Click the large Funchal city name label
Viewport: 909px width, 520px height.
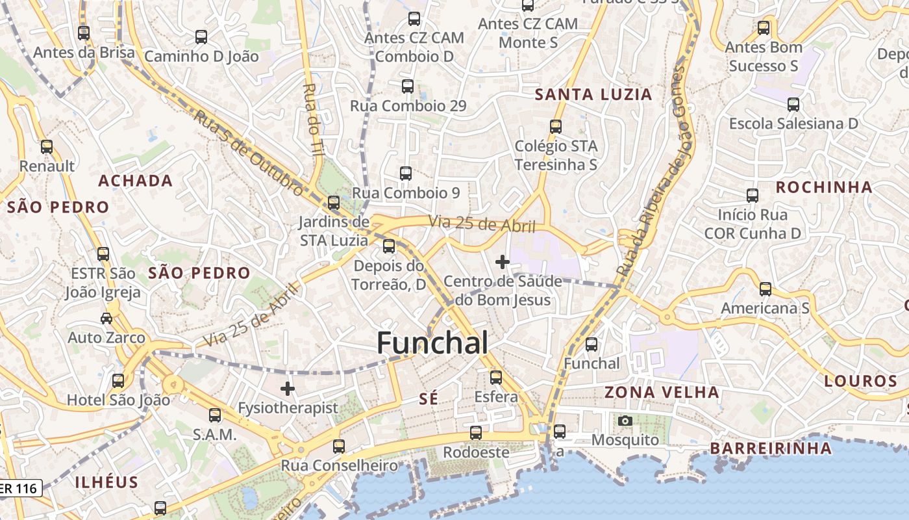[432, 343]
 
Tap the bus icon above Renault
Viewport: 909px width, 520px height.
[47, 147]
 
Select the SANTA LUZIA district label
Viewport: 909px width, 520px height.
[593, 94]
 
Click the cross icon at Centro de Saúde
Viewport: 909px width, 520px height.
[502, 262]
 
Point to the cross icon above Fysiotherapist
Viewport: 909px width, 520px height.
[288, 389]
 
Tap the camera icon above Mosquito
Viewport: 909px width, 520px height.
[625, 421]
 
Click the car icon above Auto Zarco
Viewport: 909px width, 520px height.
[106, 318]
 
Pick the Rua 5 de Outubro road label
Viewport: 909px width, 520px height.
[249, 153]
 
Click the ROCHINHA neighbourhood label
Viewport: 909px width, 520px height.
[824, 187]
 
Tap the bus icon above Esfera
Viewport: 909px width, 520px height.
[496, 377]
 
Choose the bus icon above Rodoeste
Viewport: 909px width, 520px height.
[476, 432]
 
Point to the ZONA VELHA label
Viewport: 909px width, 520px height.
[662, 392]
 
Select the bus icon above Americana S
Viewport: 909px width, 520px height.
[766, 289]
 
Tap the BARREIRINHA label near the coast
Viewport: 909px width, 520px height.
[770, 448]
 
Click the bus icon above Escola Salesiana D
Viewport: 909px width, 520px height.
[793, 104]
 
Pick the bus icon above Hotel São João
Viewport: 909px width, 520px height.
[118, 381]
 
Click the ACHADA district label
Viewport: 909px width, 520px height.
[135, 181]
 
